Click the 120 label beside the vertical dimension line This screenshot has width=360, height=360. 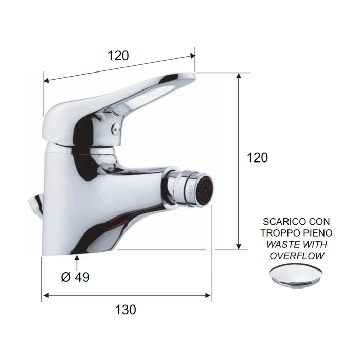pyautogui.click(x=257, y=158)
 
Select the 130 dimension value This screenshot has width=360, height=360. pyautogui.click(x=125, y=310)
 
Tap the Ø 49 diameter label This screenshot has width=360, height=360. pyautogui.click(x=75, y=277)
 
